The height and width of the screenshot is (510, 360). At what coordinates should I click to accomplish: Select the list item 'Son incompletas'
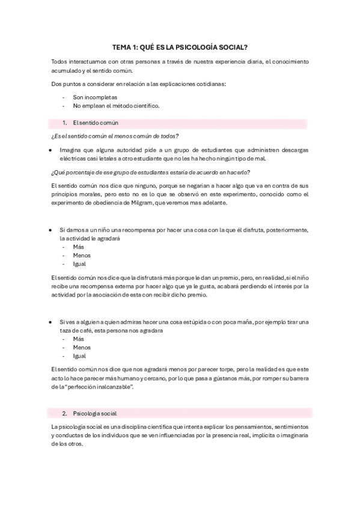95,97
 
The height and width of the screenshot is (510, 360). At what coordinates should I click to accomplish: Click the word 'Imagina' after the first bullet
72,149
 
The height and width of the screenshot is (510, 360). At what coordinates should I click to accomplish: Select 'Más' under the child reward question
79,247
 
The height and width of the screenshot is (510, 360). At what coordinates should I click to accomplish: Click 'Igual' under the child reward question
79,263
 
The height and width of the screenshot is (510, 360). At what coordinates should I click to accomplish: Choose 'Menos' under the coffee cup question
82,347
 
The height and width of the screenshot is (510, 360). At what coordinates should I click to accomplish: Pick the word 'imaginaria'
293,435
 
